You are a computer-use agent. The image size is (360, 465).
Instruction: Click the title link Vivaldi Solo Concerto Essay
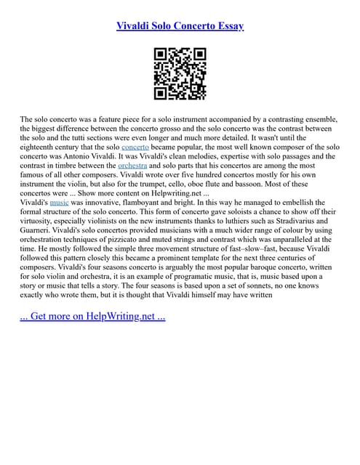(180, 26)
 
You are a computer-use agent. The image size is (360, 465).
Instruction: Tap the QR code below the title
(180, 73)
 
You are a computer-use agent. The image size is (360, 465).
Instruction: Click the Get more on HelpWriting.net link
(93, 317)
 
